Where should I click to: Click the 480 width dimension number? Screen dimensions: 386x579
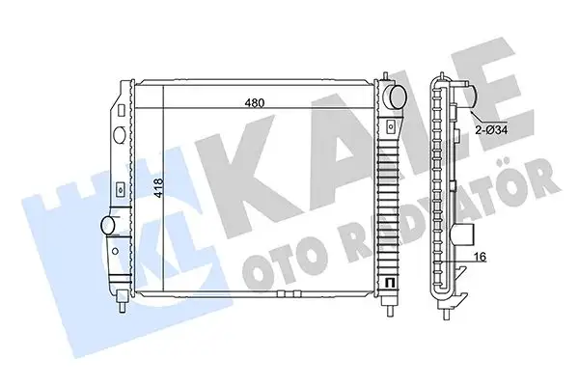pyautogui.click(x=253, y=102)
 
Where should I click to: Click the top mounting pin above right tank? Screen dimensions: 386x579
pyautogui.click(x=386, y=75)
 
